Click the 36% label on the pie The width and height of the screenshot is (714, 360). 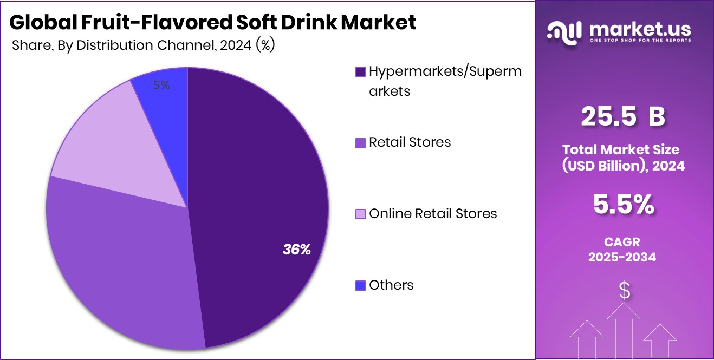point(297,250)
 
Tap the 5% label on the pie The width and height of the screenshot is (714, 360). point(161,85)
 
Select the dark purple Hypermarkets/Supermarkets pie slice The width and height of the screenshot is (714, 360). point(255,179)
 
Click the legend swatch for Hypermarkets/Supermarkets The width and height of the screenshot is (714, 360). point(360,71)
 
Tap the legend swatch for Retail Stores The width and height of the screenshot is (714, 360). point(360,143)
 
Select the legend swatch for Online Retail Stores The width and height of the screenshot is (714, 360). point(360,214)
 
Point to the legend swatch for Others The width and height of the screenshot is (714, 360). point(360,285)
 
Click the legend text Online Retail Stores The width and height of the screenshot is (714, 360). point(433,214)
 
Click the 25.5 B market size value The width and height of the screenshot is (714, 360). point(623,117)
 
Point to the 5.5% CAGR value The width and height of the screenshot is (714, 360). point(623,205)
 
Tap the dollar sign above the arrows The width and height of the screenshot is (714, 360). point(625,291)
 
